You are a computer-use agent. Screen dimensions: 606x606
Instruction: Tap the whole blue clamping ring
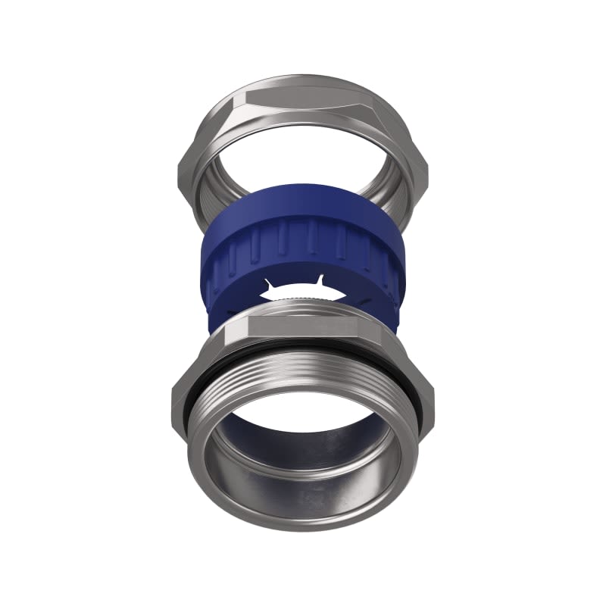coord(303,250)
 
